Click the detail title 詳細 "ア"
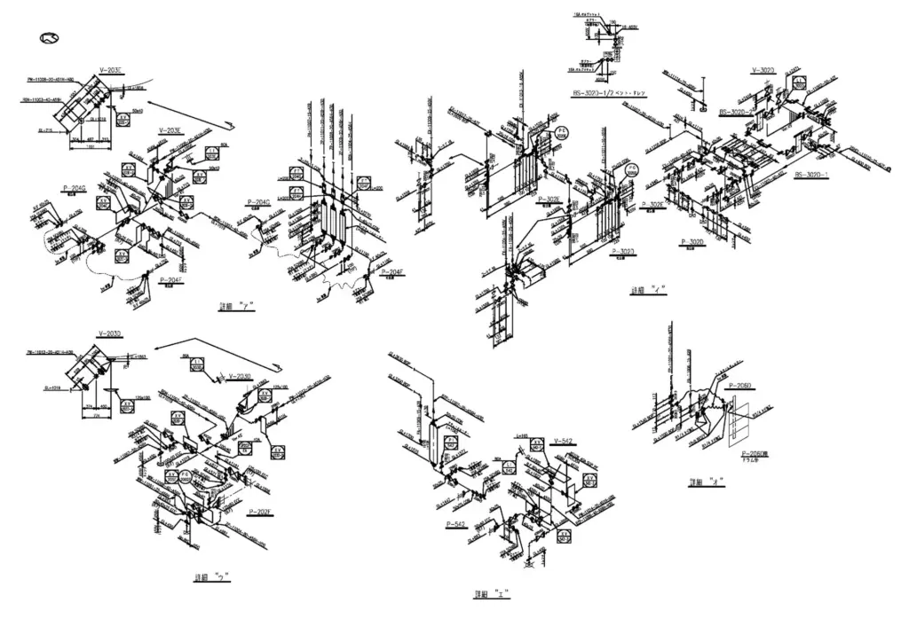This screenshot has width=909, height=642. (x=237, y=307)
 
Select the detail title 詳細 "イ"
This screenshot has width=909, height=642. (x=648, y=290)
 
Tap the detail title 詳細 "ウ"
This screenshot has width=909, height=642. (x=212, y=576)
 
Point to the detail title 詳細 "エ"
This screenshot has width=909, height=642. (x=492, y=595)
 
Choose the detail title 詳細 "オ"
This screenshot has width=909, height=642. (x=707, y=482)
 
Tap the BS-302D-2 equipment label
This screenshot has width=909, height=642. (x=736, y=113)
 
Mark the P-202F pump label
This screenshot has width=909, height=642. (x=259, y=512)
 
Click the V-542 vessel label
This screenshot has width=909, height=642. (x=562, y=441)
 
